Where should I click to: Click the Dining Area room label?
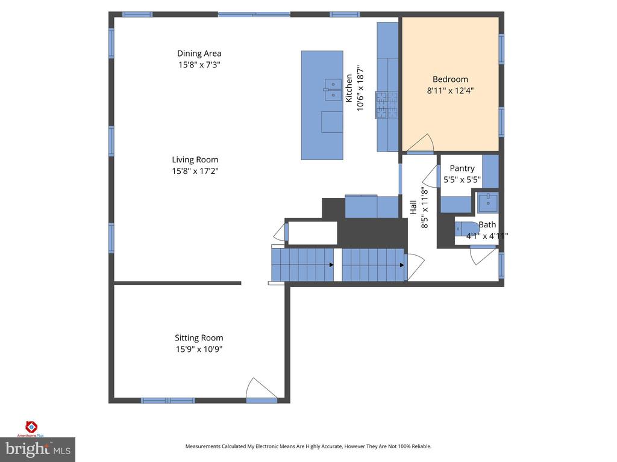(x=199, y=54)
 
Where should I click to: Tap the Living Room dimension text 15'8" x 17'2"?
(x=195, y=171)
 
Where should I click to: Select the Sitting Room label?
(x=199, y=338)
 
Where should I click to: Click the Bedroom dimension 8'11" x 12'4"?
(x=450, y=91)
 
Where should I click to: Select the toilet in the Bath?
(x=465, y=228)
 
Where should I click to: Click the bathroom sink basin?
(x=487, y=203)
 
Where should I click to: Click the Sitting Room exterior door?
(x=260, y=389)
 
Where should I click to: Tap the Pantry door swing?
(x=431, y=179)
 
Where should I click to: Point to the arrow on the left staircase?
(x=330, y=265)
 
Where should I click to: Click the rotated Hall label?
(x=413, y=208)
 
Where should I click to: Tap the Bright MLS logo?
(x=37, y=448)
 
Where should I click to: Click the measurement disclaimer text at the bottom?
(x=308, y=446)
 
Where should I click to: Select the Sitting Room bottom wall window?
(x=168, y=400)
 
